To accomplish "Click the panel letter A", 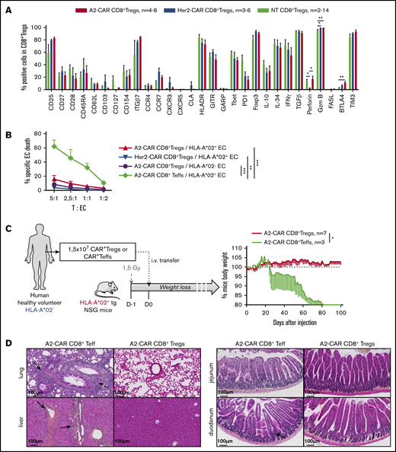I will pos(7,7).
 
